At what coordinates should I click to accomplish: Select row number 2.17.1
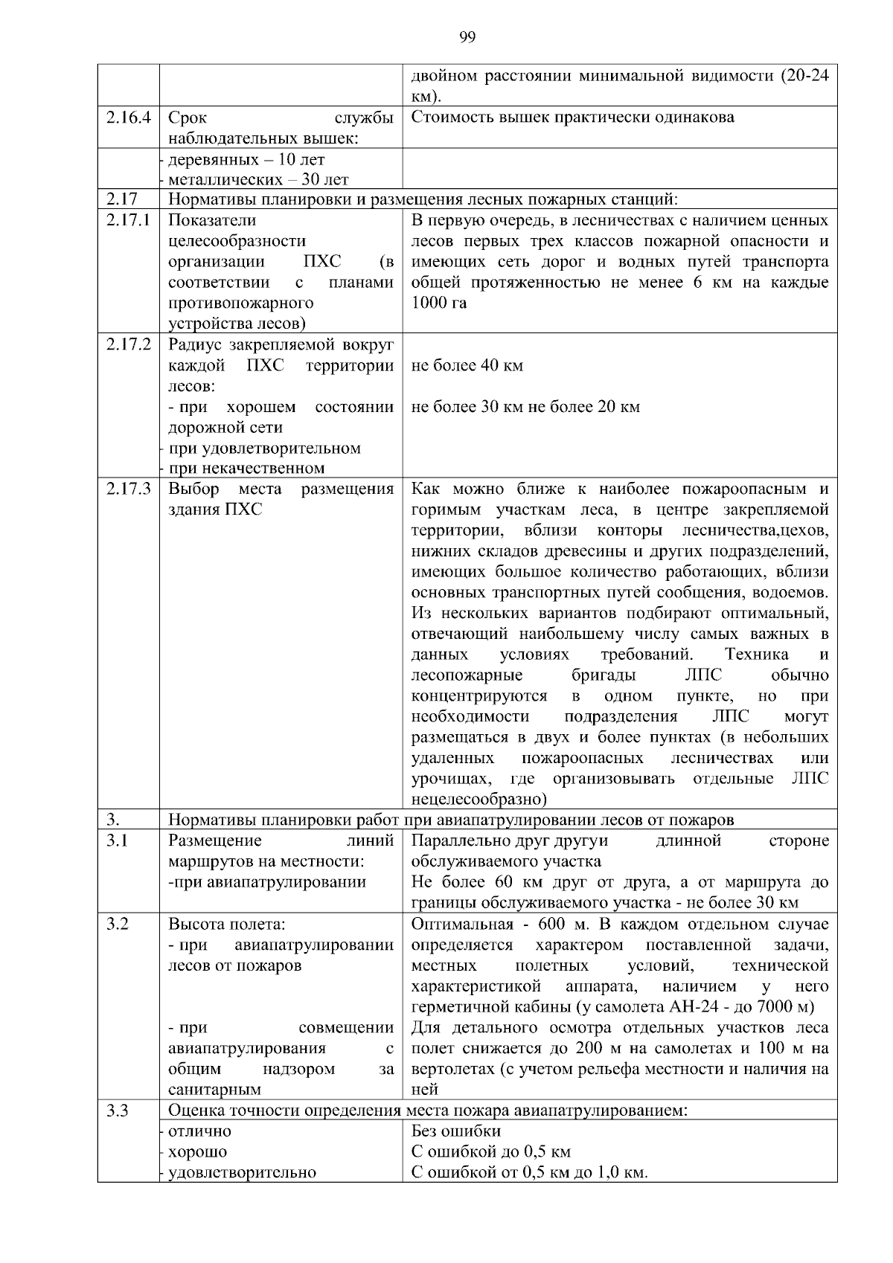(x=128, y=221)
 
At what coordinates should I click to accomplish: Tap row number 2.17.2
(x=128, y=345)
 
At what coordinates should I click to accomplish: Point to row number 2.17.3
(x=128, y=489)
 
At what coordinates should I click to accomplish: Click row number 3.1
(x=117, y=841)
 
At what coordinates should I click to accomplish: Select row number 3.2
(x=117, y=925)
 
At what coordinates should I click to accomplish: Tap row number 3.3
(x=117, y=1111)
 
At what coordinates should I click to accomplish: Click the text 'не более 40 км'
(x=467, y=366)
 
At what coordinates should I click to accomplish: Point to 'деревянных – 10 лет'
(x=246, y=160)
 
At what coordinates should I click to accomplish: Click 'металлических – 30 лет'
(x=258, y=180)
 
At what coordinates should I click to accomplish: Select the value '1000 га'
(x=439, y=303)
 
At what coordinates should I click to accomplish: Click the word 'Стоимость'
(x=445, y=118)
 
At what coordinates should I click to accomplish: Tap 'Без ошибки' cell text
(x=455, y=1131)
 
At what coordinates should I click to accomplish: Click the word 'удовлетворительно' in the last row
(x=242, y=1173)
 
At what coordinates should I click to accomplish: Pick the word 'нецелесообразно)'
(x=478, y=800)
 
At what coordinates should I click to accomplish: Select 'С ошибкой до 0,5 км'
(x=490, y=1152)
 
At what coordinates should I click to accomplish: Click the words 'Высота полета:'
(x=227, y=925)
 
